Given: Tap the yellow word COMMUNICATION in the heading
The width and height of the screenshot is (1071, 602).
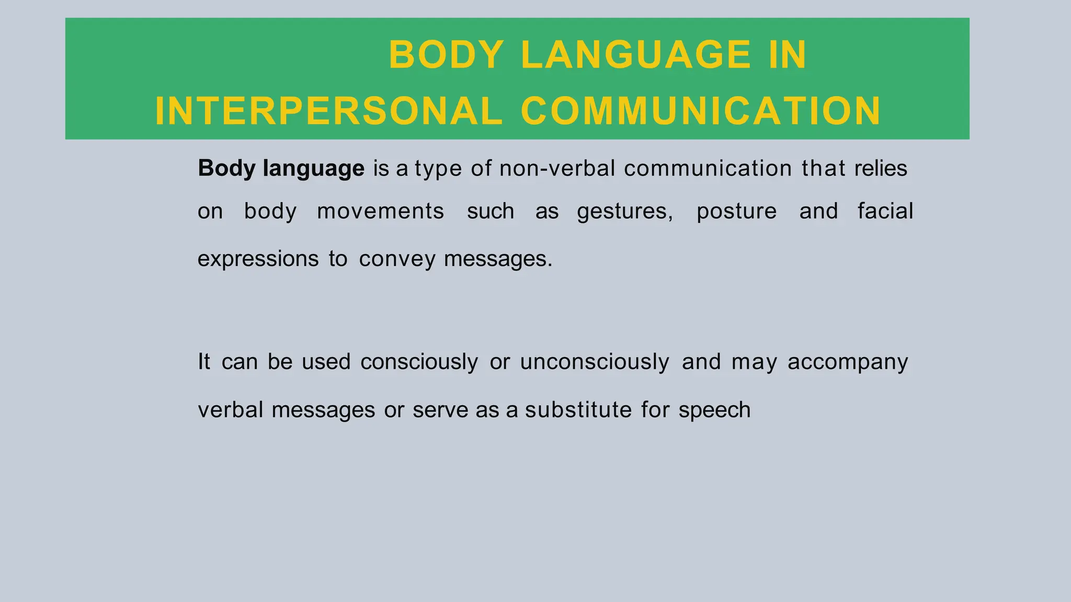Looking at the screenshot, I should [x=701, y=111].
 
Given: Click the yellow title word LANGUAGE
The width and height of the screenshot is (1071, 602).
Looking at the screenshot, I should [x=636, y=55].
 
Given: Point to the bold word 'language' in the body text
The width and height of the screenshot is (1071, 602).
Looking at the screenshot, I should [x=314, y=169].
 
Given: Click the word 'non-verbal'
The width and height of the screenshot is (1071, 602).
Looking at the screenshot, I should [x=557, y=169].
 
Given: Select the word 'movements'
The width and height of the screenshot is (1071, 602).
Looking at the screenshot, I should [x=381, y=212].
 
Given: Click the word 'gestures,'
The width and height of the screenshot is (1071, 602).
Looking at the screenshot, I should [x=625, y=212].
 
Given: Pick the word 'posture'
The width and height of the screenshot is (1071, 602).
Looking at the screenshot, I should [x=736, y=212].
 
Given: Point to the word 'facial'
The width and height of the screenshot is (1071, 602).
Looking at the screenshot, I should [x=885, y=212].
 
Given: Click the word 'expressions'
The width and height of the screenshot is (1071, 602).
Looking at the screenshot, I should [x=258, y=259].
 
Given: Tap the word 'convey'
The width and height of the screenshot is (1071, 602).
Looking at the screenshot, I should [x=397, y=259].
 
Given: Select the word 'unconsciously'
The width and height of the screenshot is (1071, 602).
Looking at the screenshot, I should [x=595, y=362].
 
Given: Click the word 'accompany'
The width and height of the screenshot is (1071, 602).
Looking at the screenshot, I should [x=848, y=362].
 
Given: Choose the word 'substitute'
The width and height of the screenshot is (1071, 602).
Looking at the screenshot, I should [x=578, y=410].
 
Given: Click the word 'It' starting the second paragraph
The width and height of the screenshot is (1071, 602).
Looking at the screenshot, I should [x=204, y=362].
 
